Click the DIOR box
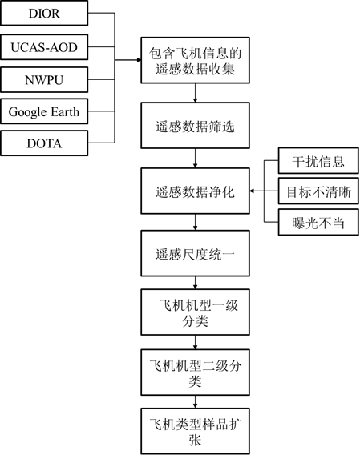point(44,13)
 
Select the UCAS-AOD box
point(44,47)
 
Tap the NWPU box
point(44,80)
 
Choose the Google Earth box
point(44,111)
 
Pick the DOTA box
point(44,143)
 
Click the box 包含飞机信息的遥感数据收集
point(196,60)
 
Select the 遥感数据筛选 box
point(196,126)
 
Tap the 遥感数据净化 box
point(196,191)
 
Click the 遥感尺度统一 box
point(196,253)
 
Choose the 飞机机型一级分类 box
point(196,312)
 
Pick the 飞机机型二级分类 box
point(196,372)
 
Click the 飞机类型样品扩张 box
point(196,432)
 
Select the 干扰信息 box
point(318,161)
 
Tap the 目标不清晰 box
point(318,191)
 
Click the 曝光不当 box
point(318,222)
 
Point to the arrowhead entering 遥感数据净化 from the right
point(252,191)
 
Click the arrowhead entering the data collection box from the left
point(139,60)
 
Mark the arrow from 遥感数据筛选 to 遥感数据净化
point(196,158)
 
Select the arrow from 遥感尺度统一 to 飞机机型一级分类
point(196,283)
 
